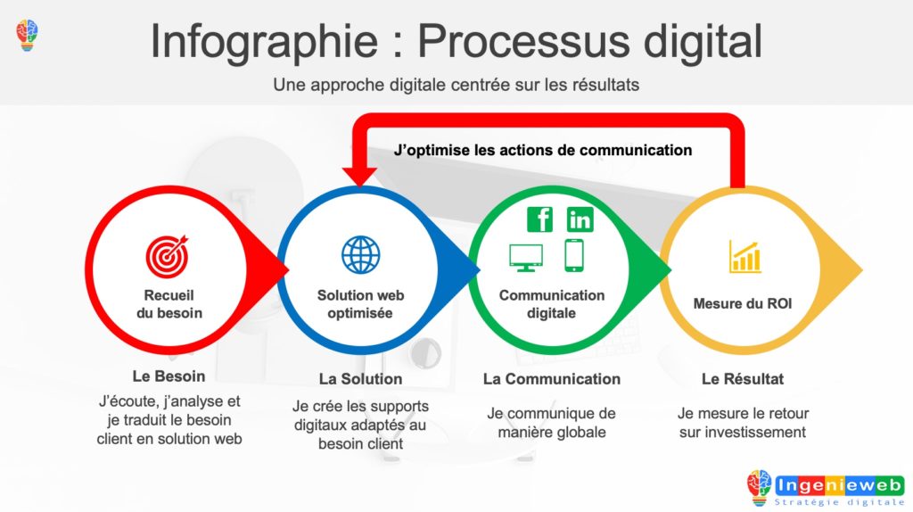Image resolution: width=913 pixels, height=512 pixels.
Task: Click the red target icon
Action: coord(168,254)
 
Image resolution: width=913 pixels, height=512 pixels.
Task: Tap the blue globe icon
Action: coord(360,254)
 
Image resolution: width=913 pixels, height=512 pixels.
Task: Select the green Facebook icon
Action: coord(539,219)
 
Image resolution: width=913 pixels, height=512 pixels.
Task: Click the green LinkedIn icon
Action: coord(580,219)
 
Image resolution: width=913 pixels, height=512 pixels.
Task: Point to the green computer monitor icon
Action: coord(525,257)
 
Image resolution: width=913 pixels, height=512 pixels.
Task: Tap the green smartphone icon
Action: coord(573,255)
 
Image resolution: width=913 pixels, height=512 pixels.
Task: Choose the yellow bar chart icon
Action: coord(744,256)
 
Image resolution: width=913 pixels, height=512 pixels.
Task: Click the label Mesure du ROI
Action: coord(743,304)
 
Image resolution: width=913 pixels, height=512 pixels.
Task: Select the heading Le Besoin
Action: coord(169,376)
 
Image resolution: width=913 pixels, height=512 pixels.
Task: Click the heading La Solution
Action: coord(360,379)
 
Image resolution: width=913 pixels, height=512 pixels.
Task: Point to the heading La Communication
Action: coord(551,379)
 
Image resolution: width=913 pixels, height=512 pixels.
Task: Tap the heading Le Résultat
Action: coord(743,379)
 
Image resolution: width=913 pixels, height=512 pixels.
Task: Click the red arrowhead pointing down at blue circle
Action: coord(360,174)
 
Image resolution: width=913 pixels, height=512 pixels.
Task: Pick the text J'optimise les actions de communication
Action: coord(543,150)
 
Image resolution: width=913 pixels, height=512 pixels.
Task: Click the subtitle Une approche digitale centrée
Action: coord(456,86)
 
